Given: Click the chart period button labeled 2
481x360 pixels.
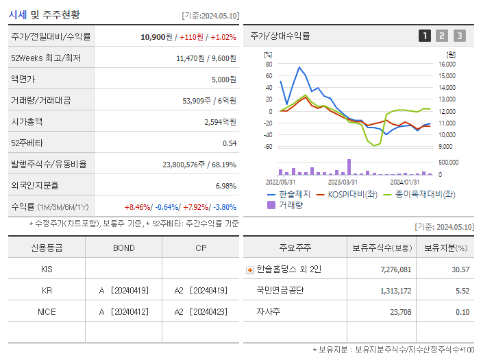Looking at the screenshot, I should pos(442,36).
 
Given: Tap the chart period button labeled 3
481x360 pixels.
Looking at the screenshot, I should pos(459,36).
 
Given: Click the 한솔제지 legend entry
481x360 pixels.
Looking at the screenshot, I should pos(289,194).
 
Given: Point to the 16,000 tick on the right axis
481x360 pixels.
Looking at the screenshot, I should pos(445,64).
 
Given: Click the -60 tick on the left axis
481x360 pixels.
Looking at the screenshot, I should pos(268,146).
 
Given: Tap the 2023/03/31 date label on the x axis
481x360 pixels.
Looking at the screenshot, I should pos(343,182).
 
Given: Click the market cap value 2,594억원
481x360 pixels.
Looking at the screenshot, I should pos(220,121).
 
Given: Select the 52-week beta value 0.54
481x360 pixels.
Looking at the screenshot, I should pos(230,143).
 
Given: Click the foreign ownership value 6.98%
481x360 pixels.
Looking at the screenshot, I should pos(225,185).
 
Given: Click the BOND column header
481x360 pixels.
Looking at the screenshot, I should pos(123,248).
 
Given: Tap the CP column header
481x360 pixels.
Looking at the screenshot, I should pos(201,248).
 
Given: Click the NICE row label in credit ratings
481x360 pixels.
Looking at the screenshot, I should pos(47,311).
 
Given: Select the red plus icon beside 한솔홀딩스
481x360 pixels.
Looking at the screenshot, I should pos(249,270).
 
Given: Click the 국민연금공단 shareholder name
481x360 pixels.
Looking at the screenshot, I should pos(280,291).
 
